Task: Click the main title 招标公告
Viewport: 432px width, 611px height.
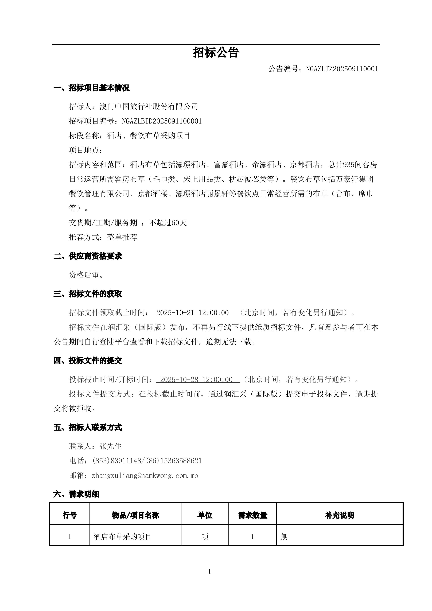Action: click(x=216, y=53)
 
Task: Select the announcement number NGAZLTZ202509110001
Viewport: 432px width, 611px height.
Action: click(x=342, y=69)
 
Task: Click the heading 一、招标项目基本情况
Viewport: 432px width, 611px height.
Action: click(x=92, y=88)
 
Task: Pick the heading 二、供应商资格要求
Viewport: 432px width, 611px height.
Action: click(x=88, y=256)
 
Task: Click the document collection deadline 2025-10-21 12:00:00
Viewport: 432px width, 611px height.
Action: click(x=192, y=313)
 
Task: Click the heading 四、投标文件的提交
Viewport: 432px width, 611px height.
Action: click(x=88, y=361)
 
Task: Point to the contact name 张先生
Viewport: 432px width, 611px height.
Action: click(x=111, y=446)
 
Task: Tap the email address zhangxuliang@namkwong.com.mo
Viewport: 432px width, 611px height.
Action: click(x=145, y=475)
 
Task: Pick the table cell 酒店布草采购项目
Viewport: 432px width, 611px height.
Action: click(x=123, y=537)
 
